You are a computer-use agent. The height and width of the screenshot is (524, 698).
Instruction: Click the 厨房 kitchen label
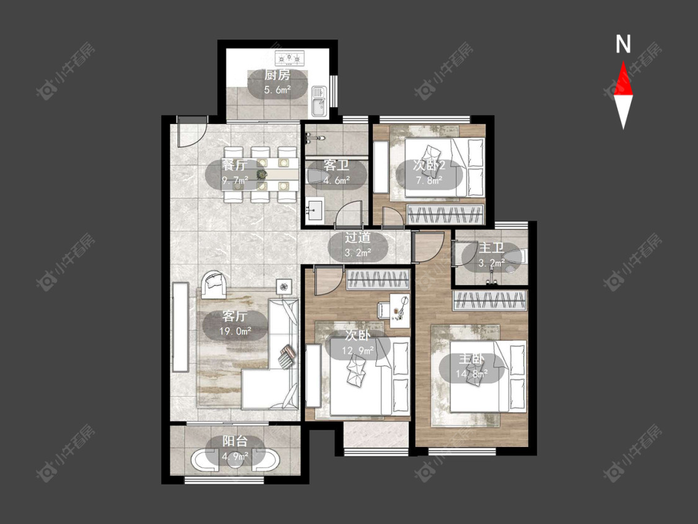coord(277,75)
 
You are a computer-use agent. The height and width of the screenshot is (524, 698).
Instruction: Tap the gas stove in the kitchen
coord(290,57)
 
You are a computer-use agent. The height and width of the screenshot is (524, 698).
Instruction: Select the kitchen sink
coord(319,102)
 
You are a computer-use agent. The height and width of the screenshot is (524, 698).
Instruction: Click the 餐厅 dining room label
coord(235,165)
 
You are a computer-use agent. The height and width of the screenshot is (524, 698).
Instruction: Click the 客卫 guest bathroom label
coord(336,165)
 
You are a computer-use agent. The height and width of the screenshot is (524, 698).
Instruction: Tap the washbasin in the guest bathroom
coord(315,210)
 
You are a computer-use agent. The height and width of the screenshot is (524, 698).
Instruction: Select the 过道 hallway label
coord(357,238)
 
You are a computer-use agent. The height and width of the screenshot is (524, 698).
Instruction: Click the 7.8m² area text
coord(429,180)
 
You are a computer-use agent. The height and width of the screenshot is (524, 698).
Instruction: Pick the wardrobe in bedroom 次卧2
coord(445,215)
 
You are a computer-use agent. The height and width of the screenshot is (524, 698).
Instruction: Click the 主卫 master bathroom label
coord(491,248)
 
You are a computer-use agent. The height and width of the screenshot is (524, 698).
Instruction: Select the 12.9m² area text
coord(357,351)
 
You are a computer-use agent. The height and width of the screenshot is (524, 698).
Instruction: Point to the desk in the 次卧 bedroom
coord(400,310)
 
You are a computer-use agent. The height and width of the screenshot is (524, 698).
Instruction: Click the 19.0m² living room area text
coord(235,331)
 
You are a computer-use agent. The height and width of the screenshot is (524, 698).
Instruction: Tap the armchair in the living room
coord(214,285)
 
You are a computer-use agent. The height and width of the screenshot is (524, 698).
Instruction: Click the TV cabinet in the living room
coord(181,327)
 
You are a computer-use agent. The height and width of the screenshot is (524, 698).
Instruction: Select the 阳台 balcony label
coord(235,441)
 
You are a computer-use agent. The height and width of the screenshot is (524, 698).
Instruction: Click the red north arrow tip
coord(623,61)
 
